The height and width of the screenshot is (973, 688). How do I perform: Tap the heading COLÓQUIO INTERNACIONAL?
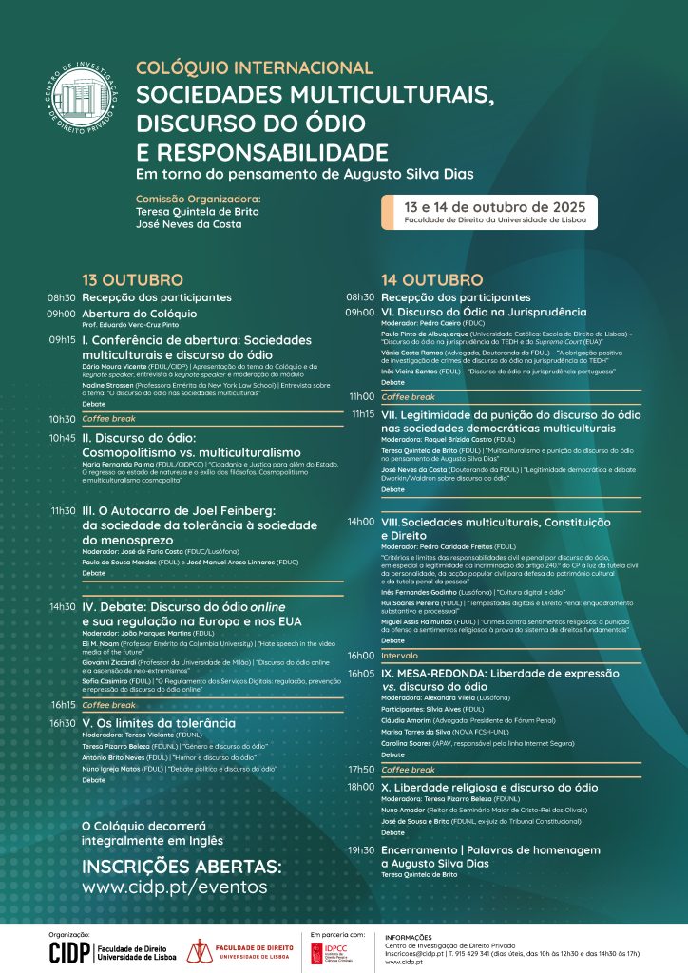click(255, 68)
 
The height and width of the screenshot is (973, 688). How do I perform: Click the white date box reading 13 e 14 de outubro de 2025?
click(488, 212)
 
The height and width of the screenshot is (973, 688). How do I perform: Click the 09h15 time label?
click(62, 339)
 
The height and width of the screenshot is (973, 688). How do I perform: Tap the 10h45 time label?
click(62, 438)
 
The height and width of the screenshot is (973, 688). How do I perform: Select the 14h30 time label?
click(62, 607)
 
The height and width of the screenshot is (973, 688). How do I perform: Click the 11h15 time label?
click(362, 413)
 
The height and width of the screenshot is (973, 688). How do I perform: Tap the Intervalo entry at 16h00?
click(399, 656)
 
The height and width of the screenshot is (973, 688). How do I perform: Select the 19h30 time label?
click(361, 850)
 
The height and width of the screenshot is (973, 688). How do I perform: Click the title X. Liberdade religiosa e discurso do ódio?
click(489, 787)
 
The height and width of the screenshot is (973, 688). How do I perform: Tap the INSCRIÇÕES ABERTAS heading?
click(182, 867)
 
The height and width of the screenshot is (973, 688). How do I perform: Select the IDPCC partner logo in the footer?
click(335, 952)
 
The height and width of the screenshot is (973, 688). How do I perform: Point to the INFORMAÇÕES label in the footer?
click(409, 937)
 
